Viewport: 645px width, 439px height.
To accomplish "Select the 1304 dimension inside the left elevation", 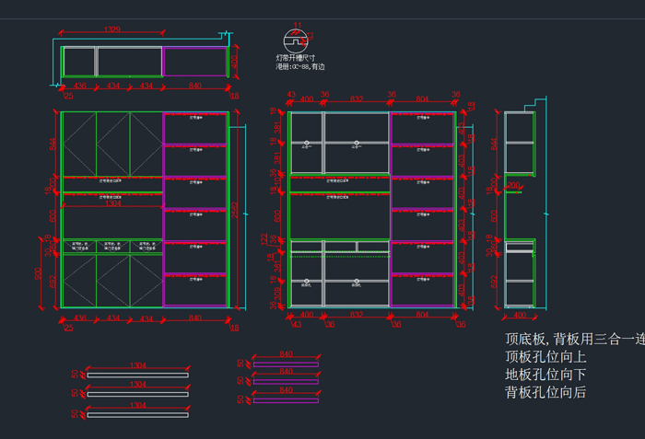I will point(112,203).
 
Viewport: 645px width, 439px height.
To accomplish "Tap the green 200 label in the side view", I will point(513,186).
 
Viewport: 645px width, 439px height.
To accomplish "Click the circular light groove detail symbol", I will point(295,40).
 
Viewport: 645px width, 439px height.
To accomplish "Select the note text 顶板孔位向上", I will point(545,356).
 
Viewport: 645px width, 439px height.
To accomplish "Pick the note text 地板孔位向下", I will point(545,375).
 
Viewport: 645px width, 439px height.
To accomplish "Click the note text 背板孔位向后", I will point(545,393).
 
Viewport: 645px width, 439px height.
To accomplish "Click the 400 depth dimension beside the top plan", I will point(233,62).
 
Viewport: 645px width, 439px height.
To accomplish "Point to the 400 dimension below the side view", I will point(520,315).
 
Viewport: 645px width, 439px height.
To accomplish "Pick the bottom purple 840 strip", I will point(286,399).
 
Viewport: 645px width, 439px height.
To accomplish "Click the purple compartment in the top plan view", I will point(194,62).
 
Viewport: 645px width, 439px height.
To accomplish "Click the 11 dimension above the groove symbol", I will point(297,24).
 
